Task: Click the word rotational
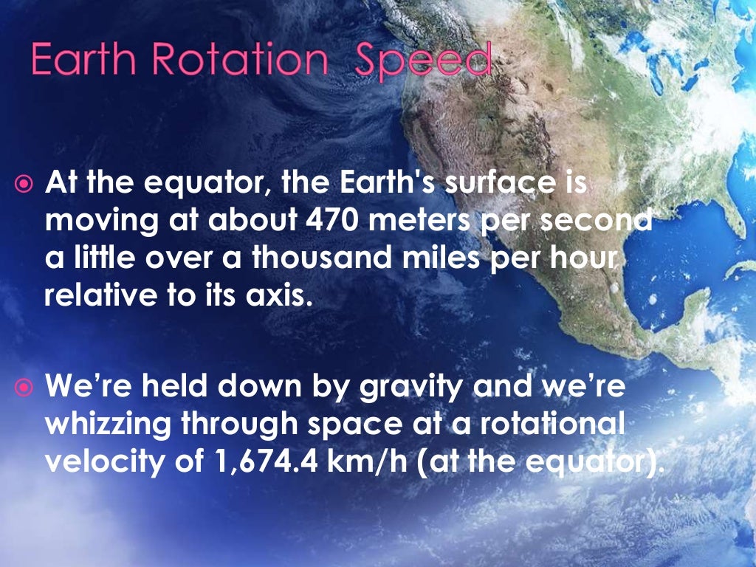[557, 427]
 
